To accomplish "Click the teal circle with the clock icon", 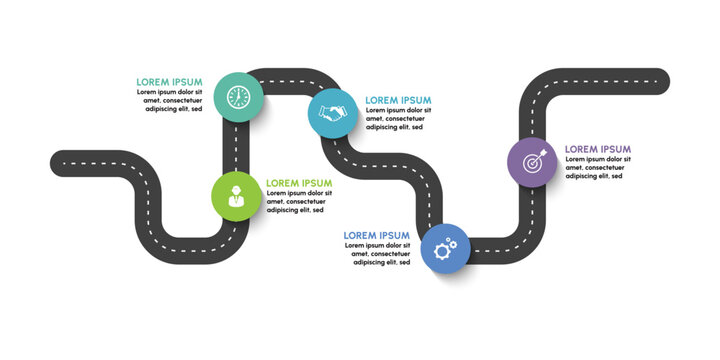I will (238, 97).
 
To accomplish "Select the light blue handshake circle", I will (332, 112).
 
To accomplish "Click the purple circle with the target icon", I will (531, 161).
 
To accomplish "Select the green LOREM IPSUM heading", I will (299, 183).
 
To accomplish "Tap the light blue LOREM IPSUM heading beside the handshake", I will (398, 100).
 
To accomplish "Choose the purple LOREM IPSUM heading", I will (598, 149).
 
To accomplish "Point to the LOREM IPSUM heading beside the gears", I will (377, 235).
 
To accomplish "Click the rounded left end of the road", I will (58, 160).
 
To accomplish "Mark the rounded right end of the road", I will (662, 77).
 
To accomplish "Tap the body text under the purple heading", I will (598, 167).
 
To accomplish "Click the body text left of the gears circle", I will (377, 254).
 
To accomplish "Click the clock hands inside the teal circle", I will (238, 96).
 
